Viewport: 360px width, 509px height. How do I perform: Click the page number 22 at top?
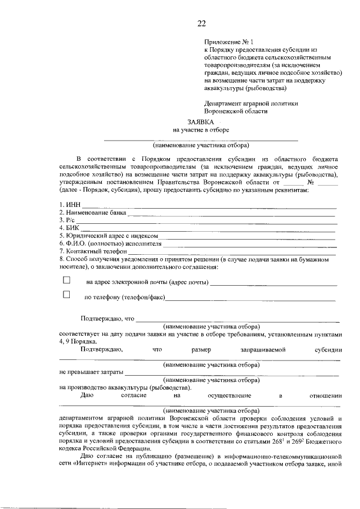click(x=201, y=23)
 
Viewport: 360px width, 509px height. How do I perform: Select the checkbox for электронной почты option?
click(x=66, y=280)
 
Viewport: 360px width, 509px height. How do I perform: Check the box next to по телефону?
click(x=66, y=295)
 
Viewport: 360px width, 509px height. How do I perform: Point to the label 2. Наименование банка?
click(x=92, y=213)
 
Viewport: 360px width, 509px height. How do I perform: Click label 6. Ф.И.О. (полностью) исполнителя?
click(x=110, y=244)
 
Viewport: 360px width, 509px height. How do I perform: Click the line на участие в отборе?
click(x=201, y=130)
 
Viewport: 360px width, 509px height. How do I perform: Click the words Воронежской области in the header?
click(x=236, y=111)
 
